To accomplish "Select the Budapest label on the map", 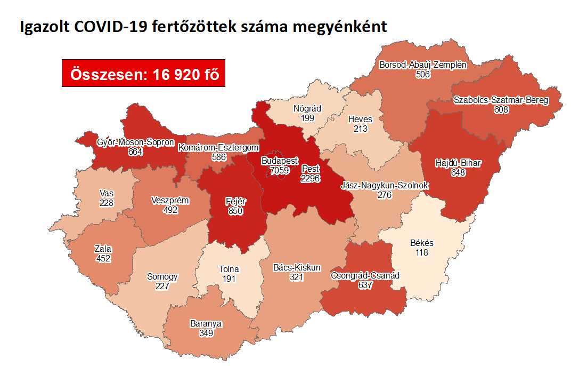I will pyautogui.click(x=280, y=161).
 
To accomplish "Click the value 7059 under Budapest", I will pyautogui.click(x=279, y=170).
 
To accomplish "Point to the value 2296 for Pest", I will pyautogui.click(x=309, y=178).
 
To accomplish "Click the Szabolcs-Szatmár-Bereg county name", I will pyautogui.click(x=501, y=100).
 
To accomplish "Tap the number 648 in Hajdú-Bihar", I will pyautogui.click(x=458, y=172).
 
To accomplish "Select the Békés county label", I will pyautogui.click(x=422, y=243).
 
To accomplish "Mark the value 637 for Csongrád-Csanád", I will pyautogui.click(x=365, y=285).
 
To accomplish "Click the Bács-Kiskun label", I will pyautogui.click(x=296, y=268).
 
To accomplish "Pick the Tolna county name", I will pyautogui.click(x=229, y=269).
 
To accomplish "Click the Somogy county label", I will pyautogui.click(x=162, y=277).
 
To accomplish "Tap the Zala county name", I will pyautogui.click(x=102, y=249).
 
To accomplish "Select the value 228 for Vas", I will pyautogui.click(x=106, y=203).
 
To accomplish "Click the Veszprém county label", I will pyautogui.click(x=170, y=201).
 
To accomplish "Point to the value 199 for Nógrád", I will pyautogui.click(x=307, y=118).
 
